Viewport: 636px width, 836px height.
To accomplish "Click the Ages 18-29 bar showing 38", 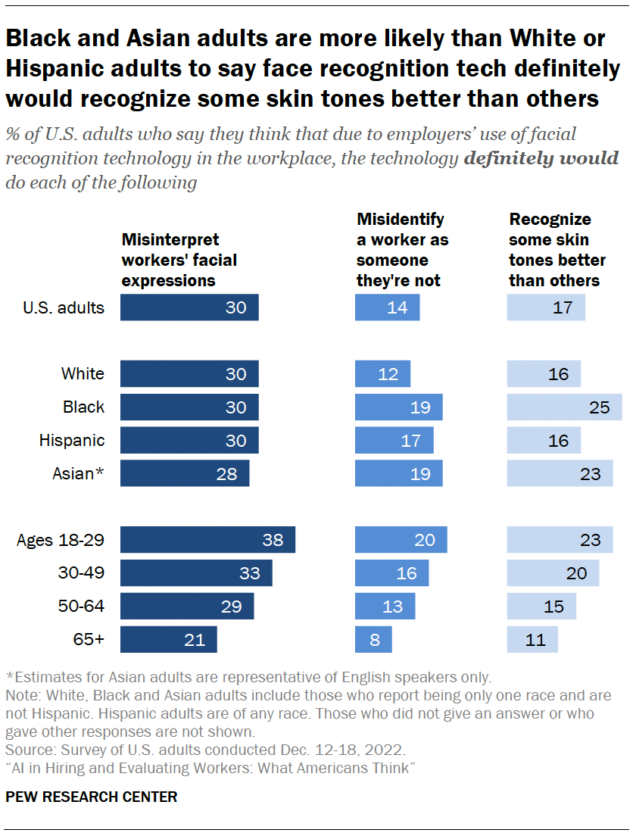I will click(207, 540).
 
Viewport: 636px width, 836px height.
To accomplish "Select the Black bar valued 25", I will click(564, 407).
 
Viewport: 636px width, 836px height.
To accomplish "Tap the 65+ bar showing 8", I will click(374, 639).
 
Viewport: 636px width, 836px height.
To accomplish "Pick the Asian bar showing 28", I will click(185, 473).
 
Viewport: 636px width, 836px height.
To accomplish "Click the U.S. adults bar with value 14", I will click(388, 307).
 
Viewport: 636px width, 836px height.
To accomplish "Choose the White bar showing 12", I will click(383, 373).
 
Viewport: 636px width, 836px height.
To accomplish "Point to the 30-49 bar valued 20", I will click(553, 573).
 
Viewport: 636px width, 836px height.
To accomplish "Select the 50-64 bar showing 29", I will click(187, 606).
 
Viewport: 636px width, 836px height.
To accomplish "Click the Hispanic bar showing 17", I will click(394, 440).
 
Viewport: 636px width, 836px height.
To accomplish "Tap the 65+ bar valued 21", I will click(169, 639).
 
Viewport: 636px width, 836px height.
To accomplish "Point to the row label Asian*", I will click(78, 473).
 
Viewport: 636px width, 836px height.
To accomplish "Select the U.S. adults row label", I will click(64, 307).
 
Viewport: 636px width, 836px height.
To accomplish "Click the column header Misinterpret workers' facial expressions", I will click(179, 260).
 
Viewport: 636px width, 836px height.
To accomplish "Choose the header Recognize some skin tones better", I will click(557, 250).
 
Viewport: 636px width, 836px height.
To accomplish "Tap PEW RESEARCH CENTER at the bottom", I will click(92, 797).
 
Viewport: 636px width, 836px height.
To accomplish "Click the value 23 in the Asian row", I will click(589, 474).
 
